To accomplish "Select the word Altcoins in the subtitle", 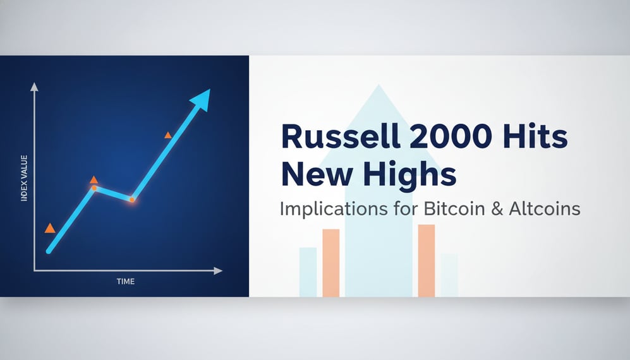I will (x=544, y=208).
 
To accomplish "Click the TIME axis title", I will (x=125, y=281).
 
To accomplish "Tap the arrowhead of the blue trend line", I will (x=202, y=98).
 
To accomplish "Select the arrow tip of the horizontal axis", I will (x=219, y=270).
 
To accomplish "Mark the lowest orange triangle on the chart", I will (x=50, y=228).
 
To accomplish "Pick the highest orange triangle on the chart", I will (x=168, y=135).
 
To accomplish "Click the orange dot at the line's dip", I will (x=132, y=200).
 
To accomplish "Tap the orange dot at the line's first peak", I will (x=94, y=188).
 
